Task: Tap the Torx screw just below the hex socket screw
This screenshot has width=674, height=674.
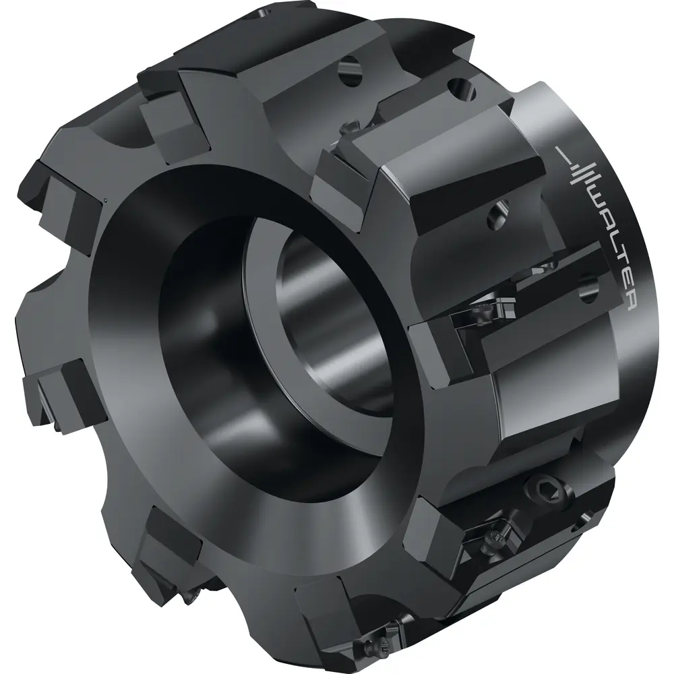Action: pyautogui.click(x=493, y=535)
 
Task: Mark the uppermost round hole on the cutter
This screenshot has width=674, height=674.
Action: pyautogui.click(x=351, y=73)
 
